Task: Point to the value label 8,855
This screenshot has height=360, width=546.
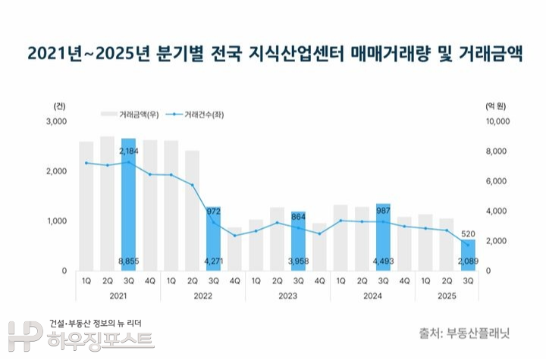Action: click(x=128, y=261)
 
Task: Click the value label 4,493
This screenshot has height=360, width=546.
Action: click(x=384, y=261)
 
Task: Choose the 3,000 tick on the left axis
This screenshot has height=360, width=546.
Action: click(x=57, y=121)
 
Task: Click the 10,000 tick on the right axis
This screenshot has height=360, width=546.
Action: click(x=497, y=121)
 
